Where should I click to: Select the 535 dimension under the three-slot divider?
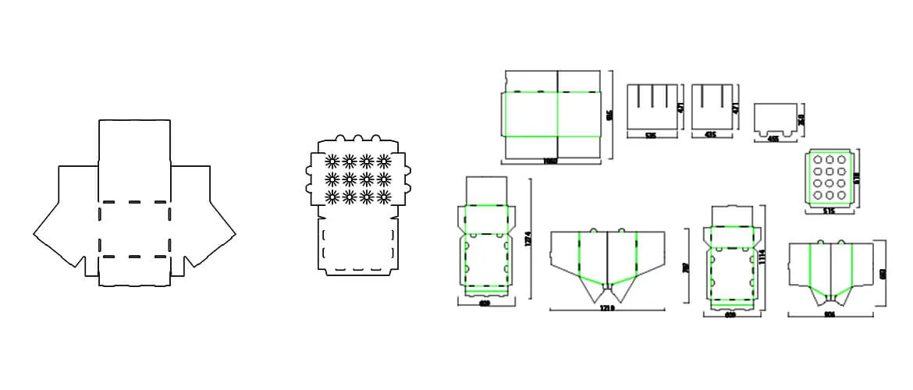pyautogui.click(x=650, y=135)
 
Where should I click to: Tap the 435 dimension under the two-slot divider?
pyautogui.click(x=709, y=135)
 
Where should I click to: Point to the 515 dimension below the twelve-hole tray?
pyautogui.click(x=829, y=211)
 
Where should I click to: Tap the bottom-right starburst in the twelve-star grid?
pyautogui.click(x=383, y=196)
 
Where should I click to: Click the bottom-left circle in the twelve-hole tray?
pyautogui.click(x=816, y=197)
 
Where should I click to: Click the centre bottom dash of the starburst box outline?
pyautogui.click(x=359, y=269)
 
